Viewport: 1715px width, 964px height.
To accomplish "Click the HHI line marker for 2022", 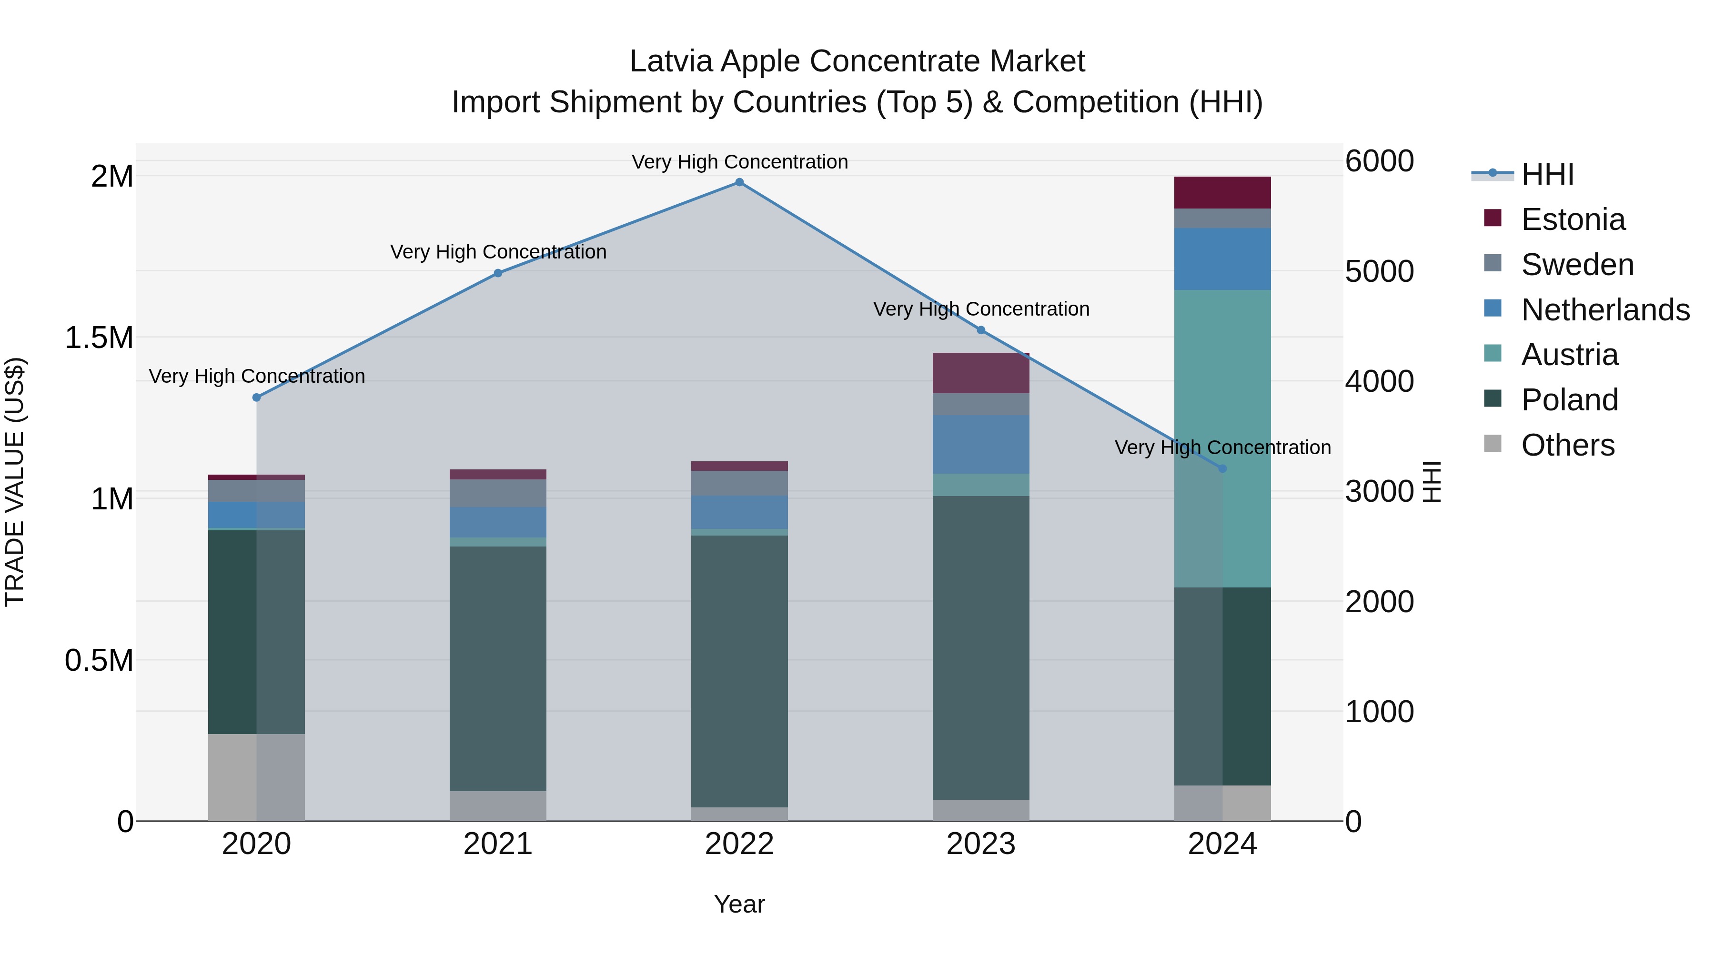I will click(x=739, y=182).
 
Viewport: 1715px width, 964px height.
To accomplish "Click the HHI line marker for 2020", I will click(x=256, y=397).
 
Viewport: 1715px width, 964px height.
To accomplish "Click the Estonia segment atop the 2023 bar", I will click(x=981, y=373).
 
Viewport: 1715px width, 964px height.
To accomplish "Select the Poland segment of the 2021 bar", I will click(x=498, y=669).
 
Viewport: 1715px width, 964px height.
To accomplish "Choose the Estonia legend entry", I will click(x=1573, y=219).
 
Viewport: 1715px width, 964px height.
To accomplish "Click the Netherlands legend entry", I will click(x=1604, y=310).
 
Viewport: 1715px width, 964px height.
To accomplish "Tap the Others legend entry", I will click(x=1567, y=445).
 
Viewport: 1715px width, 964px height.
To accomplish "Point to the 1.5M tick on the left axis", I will click(x=99, y=338).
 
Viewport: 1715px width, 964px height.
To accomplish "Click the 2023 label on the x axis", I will click(x=981, y=844).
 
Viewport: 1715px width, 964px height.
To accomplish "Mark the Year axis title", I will click(x=739, y=904).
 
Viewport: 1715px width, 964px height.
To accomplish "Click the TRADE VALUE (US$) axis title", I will click(x=15, y=482).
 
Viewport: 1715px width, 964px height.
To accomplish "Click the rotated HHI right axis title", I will click(x=1432, y=482).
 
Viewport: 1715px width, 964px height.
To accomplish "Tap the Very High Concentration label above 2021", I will click(x=498, y=252).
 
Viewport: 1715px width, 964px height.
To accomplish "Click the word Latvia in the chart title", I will click(x=671, y=61).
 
